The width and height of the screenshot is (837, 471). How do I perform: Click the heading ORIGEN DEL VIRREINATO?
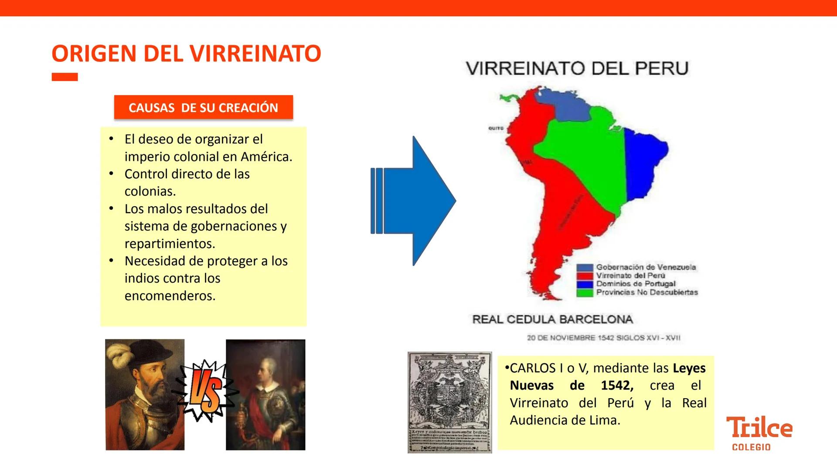[x=186, y=54]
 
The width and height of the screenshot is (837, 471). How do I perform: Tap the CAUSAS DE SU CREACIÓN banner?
[x=203, y=107]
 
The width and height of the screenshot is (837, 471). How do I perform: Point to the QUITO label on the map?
[x=496, y=128]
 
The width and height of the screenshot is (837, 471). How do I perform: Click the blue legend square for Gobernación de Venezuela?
[x=585, y=267]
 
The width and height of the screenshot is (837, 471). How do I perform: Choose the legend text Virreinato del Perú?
[x=630, y=276]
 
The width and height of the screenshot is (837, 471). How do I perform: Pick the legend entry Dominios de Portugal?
[x=636, y=284]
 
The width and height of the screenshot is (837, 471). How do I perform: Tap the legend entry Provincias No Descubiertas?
[x=647, y=292]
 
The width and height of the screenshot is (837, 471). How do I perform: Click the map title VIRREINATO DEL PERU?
[x=577, y=68]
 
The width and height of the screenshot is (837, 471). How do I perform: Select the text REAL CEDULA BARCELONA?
[x=552, y=319]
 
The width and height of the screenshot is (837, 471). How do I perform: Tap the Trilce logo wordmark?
[x=759, y=427]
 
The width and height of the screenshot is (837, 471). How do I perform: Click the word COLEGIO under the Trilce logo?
[x=751, y=447]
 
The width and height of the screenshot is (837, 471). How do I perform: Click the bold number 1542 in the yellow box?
[x=617, y=386]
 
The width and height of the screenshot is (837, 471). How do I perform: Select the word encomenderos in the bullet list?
[x=170, y=296]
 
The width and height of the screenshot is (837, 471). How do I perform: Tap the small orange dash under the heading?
[x=65, y=77]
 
